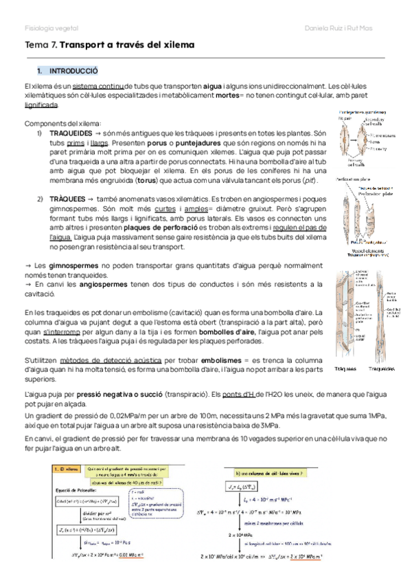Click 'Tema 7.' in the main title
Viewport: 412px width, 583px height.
[41, 45]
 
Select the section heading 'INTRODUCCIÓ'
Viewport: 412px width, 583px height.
[78, 71]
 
